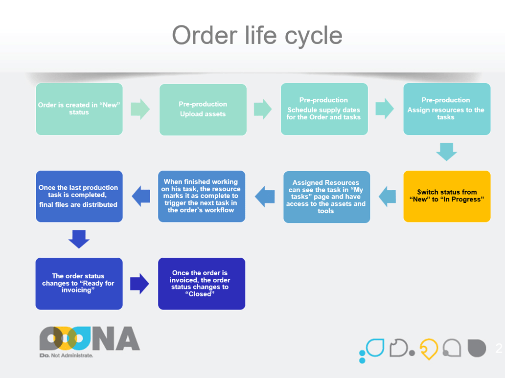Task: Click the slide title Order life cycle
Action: click(x=257, y=36)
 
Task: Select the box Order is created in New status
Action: click(x=79, y=109)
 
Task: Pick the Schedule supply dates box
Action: click(x=324, y=109)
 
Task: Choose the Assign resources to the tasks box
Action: click(x=446, y=109)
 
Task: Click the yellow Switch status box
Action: click(x=446, y=196)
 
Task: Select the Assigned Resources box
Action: click(x=326, y=197)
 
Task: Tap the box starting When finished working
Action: click(x=201, y=196)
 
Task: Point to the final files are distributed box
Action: click(x=79, y=196)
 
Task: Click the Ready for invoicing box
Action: click(x=79, y=283)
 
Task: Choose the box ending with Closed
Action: click(x=201, y=283)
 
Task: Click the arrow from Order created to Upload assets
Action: click(x=140, y=109)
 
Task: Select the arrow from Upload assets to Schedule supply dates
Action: click(x=263, y=109)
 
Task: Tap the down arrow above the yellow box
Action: click(x=446, y=152)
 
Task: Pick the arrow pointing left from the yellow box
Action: click(x=387, y=196)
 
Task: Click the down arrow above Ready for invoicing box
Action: click(x=79, y=239)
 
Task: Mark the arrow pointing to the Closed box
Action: click(x=140, y=283)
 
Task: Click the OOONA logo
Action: click(x=90, y=338)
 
